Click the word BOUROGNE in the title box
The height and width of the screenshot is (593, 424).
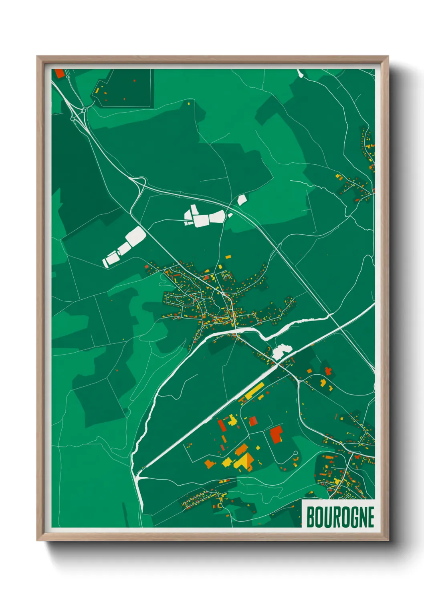coord(340,517)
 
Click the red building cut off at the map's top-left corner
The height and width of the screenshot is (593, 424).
coord(60,73)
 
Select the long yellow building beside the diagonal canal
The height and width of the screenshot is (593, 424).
coord(254,391)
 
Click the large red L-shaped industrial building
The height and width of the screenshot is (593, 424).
coord(276,434)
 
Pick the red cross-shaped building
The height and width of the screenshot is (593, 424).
coord(328,371)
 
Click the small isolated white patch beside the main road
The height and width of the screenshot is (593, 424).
coord(242,200)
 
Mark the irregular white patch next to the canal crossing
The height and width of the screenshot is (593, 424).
coord(281,351)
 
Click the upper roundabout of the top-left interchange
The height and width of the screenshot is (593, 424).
coord(84,110)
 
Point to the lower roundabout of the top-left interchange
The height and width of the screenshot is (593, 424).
coord(73,119)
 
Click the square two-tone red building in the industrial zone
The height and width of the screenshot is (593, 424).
coord(253,421)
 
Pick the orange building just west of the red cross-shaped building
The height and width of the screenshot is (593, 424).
coord(323,383)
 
